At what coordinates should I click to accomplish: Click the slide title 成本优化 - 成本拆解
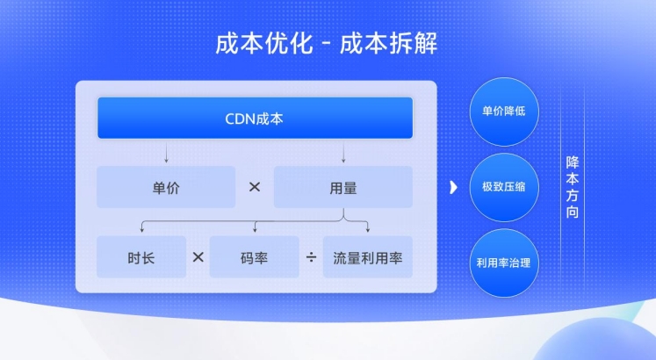click(x=327, y=43)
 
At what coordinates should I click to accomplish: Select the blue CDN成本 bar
click(x=256, y=118)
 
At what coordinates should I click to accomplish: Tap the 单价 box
click(x=166, y=187)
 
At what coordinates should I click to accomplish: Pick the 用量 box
click(x=343, y=187)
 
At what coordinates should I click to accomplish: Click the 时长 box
click(x=141, y=256)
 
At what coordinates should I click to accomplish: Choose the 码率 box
click(x=255, y=256)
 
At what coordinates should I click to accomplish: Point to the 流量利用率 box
click(x=368, y=256)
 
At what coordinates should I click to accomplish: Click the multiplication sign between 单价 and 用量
click(x=255, y=187)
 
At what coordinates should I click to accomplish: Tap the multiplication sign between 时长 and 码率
click(x=198, y=256)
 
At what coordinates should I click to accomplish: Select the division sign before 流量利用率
click(x=311, y=257)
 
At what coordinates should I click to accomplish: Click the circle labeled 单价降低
click(x=504, y=112)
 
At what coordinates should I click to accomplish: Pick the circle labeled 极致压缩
click(x=504, y=187)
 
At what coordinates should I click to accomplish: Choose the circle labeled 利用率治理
click(x=504, y=263)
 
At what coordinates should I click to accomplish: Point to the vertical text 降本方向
click(x=573, y=187)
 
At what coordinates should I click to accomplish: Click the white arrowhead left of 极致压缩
click(x=453, y=187)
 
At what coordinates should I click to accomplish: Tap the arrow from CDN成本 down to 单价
click(x=166, y=153)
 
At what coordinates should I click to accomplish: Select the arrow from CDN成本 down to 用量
click(x=343, y=153)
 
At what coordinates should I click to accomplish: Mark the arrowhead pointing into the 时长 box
click(x=142, y=229)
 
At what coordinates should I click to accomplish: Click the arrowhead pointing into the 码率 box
click(x=255, y=229)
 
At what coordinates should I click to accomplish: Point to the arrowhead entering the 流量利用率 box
click(x=368, y=229)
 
